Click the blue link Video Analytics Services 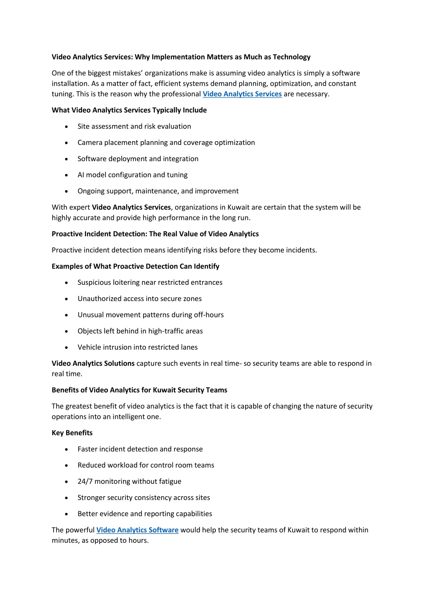tap(242, 94)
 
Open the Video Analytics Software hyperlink tap(137, 530)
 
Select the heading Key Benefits tap(72, 433)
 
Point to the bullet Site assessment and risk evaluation tap(134, 126)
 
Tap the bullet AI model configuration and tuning tap(132, 175)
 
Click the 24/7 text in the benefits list tap(85, 482)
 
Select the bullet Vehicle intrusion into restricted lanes tap(137, 347)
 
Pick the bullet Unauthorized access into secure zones tap(139, 299)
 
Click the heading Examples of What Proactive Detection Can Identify tap(135, 266)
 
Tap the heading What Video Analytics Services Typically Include tap(129, 110)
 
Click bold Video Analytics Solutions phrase tap(93, 364)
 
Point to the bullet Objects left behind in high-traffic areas tap(140, 331)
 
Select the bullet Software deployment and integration tap(138, 159)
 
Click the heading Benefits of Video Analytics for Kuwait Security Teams tap(139, 390)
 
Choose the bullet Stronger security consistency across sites tap(144, 498)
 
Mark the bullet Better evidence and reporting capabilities tap(144, 514)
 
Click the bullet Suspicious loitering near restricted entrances tap(150, 283)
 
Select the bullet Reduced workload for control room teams tap(146, 465)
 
